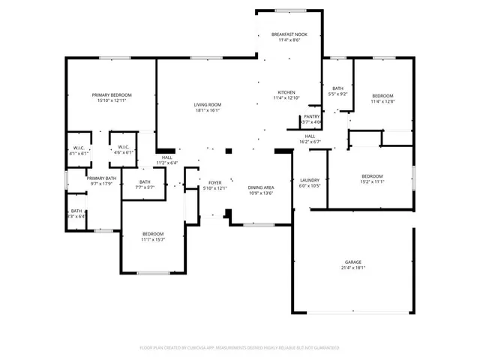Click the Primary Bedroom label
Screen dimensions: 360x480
coord(112,95)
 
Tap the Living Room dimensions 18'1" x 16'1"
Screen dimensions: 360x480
coord(207,110)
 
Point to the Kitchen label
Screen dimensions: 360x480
coord(286,91)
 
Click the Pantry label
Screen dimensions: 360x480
coord(312,116)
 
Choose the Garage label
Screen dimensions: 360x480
coord(352,261)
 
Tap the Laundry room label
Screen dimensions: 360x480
coord(310,180)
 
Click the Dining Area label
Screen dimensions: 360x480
coord(261,187)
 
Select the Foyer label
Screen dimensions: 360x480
coord(215,182)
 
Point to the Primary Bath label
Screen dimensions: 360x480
coord(100,178)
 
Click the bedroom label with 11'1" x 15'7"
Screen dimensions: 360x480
coord(153,234)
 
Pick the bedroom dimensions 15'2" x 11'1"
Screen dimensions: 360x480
coord(372,181)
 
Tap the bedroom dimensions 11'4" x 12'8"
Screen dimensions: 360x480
coord(382,103)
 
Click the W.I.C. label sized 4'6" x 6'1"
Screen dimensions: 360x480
coord(124,152)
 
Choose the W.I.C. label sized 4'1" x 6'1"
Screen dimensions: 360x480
coord(79,152)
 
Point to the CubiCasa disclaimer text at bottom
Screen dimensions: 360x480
coord(240,347)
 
